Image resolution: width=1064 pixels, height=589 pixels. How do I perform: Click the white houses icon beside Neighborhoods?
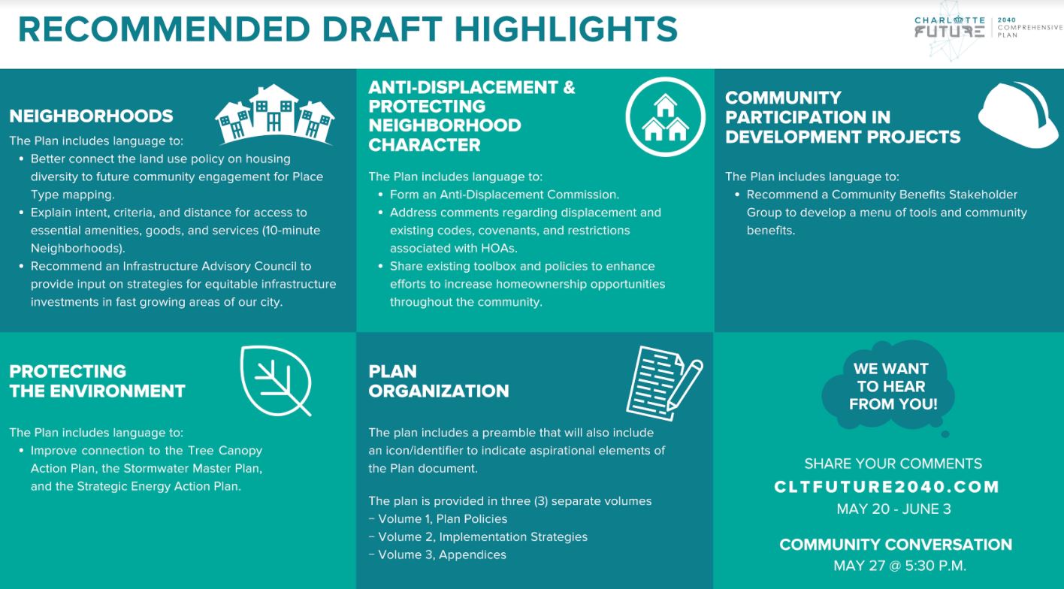click(x=274, y=114)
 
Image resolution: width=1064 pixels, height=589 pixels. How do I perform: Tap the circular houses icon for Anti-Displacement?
click(x=666, y=116)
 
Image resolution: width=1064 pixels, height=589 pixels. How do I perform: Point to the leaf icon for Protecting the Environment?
click(x=275, y=380)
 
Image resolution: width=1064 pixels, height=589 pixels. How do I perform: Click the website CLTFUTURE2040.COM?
click(x=887, y=487)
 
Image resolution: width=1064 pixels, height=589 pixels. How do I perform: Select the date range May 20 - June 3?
click(x=893, y=509)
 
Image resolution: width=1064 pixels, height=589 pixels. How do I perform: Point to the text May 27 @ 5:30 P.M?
click(x=899, y=566)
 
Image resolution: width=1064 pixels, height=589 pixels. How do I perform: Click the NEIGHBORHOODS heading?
click(x=91, y=116)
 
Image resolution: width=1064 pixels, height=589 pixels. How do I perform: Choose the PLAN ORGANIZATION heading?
click(x=438, y=381)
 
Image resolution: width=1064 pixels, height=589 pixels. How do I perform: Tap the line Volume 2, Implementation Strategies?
click(x=482, y=536)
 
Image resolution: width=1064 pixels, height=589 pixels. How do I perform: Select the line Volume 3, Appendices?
click(x=441, y=554)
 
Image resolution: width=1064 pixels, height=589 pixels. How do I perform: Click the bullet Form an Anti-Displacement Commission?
click(x=503, y=195)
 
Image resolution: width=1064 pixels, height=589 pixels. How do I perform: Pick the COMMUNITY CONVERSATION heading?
click(x=896, y=545)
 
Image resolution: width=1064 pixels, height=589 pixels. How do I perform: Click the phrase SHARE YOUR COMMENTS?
click(x=893, y=464)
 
